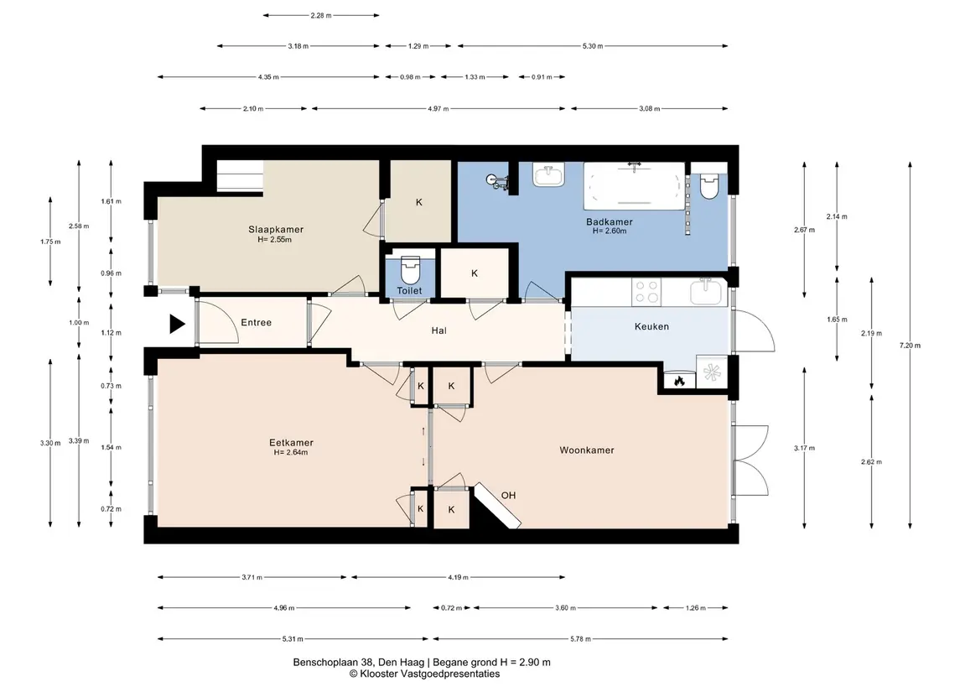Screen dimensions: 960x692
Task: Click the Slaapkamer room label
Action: click(276, 230)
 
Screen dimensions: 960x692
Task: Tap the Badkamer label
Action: click(610, 221)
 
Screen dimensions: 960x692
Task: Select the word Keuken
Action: click(651, 326)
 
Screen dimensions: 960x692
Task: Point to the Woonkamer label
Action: click(587, 450)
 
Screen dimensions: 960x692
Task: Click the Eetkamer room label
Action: click(292, 443)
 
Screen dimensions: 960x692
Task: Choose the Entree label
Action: click(256, 323)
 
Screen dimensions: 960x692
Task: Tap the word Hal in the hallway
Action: click(439, 330)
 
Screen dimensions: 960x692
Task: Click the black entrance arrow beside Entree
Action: click(177, 324)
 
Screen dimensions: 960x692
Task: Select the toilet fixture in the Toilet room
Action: click(410, 269)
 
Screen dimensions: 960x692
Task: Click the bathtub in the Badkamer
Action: click(635, 185)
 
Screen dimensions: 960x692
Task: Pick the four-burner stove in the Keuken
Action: click(646, 292)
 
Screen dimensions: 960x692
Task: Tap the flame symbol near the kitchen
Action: click(678, 382)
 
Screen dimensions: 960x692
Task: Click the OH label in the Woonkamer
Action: click(508, 496)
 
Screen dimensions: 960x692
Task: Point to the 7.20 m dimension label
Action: click(910, 346)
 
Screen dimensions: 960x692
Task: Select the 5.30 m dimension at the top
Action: click(593, 46)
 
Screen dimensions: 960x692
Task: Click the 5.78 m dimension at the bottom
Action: click(580, 638)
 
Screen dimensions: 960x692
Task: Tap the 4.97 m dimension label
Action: click(438, 108)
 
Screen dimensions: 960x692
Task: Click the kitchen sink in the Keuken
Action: click(707, 292)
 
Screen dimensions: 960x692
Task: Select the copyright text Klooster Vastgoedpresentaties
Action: click(424, 674)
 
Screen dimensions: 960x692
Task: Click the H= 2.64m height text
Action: click(291, 453)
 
